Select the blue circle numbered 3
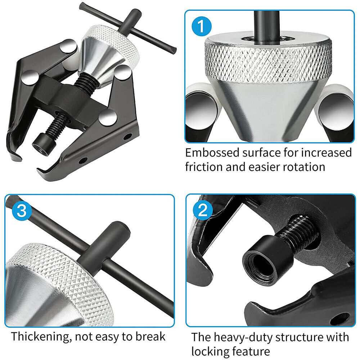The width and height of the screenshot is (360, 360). click(22, 211)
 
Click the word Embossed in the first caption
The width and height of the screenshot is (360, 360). click(212, 153)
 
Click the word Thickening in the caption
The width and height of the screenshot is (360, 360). click(40, 337)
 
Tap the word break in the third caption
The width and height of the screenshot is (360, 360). click(150, 336)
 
